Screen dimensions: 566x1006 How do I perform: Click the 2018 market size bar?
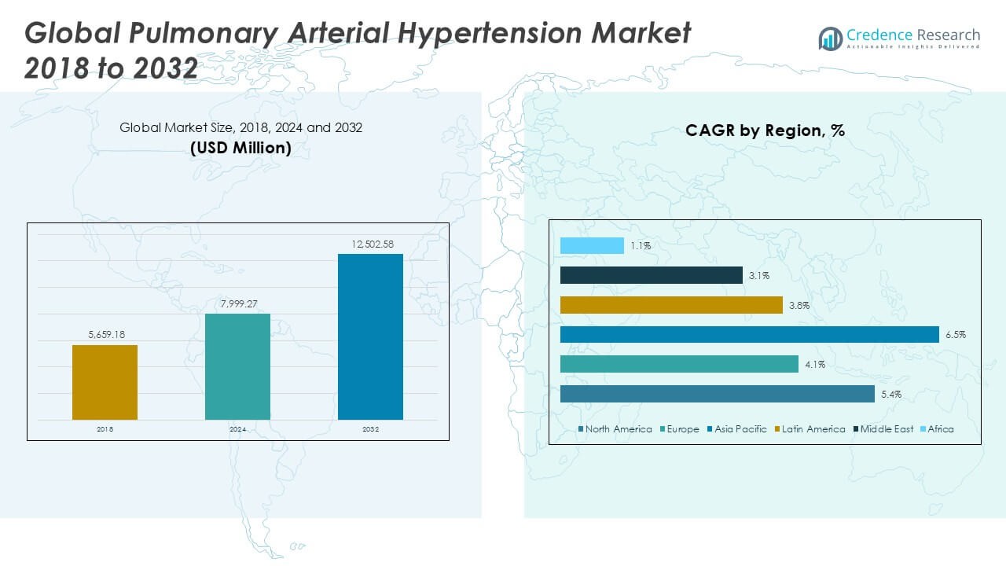pyautogui.click(x=105, y=382)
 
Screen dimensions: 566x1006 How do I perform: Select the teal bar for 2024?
pyautogui.click(x=237, y=366)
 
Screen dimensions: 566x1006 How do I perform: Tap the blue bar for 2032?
pyautogui.click(x=370, y=336)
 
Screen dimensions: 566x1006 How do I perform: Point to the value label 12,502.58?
pyautogui.click(x=370, y=245)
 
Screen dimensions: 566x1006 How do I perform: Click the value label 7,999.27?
pyautogui.click(x=237, y=305)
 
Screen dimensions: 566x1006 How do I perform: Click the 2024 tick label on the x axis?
pyautogui.click(x=237, y=430)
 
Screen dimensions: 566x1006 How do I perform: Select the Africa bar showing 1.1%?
pyautogui.click(x=592, y=246)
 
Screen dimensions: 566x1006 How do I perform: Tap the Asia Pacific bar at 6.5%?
pyautogui.click(x=749, y=335)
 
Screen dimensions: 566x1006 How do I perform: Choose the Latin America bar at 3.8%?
pyautogui.click(x=671, y=305)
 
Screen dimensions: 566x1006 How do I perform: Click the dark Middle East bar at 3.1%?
pyautogui.click(x=651, y=275)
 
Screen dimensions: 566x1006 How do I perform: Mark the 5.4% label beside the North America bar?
pyautogui.click(x=891, y=394)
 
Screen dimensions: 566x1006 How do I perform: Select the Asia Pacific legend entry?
pyautogui.click(x=740, y=429)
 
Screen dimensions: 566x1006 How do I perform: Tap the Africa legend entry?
pyautogui.click(x=940, y=429)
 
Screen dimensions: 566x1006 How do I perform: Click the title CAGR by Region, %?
pyautogui.click(x=765, y=130)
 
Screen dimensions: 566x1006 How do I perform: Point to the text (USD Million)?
pyautogui.click(x=240, y=147)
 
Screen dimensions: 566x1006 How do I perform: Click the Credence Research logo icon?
pyautogui.click(x=830, y=39)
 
